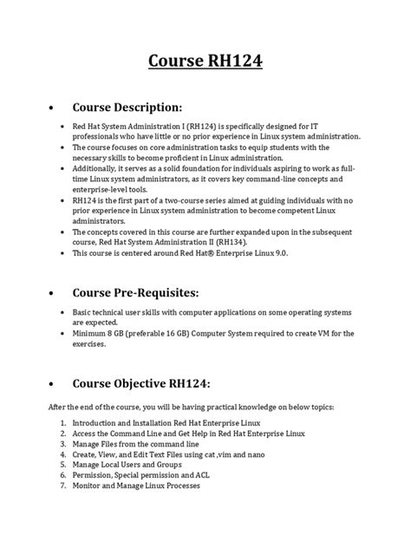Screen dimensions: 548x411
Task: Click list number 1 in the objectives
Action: click(x=65, y=421)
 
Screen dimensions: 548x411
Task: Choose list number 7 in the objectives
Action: click(x=65, y=486)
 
